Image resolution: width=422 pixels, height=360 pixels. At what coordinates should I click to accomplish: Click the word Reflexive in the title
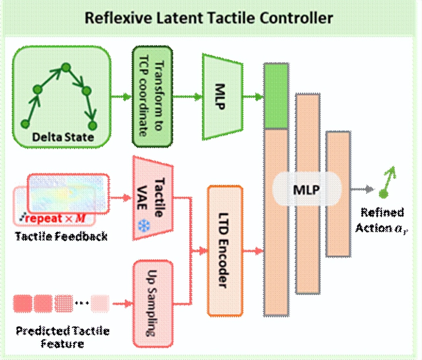pyautogui.click(x=118, y=18)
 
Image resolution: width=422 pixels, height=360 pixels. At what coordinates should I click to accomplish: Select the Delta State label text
pyautogui.click(x=63, y=137)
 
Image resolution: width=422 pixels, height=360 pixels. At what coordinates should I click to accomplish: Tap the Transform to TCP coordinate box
pyautogui.click(x=152, y=97)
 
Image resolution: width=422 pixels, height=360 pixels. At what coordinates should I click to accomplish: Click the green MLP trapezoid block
pyautogui.click(x=222, y=97)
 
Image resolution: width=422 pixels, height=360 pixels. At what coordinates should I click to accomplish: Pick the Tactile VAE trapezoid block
pyautogui.click(x=153, y=198)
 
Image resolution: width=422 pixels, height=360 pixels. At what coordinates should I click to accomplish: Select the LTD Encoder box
pyautogui.click(x=225, y=251)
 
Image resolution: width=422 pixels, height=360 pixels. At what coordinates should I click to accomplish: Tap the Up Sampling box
pyautogui.click(x=153, y=303)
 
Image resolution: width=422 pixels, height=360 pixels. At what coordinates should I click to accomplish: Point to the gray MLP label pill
pyautogui.click(x=307, y=190)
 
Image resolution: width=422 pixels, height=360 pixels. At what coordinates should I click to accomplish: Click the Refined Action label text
pyautogui.click(x=381, y=220)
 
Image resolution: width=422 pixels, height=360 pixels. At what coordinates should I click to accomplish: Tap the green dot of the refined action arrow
pyautogui.click(x=383, y=194)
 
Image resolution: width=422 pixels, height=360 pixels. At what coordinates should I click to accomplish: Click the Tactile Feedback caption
pyautogui.click(x=61, y=236)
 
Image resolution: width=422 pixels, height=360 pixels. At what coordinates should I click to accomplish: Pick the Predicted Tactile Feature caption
pyautogui.click(x=63, y=337)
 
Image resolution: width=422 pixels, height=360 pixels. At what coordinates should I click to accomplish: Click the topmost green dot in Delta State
pyautogui.click(x=66, y=68)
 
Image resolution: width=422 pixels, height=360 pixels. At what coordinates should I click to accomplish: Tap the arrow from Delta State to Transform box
pyautogui.click(x=121, y=97)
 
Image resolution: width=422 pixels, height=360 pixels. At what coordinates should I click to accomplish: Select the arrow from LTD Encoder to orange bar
pyautogui.click(x=253, y=251)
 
